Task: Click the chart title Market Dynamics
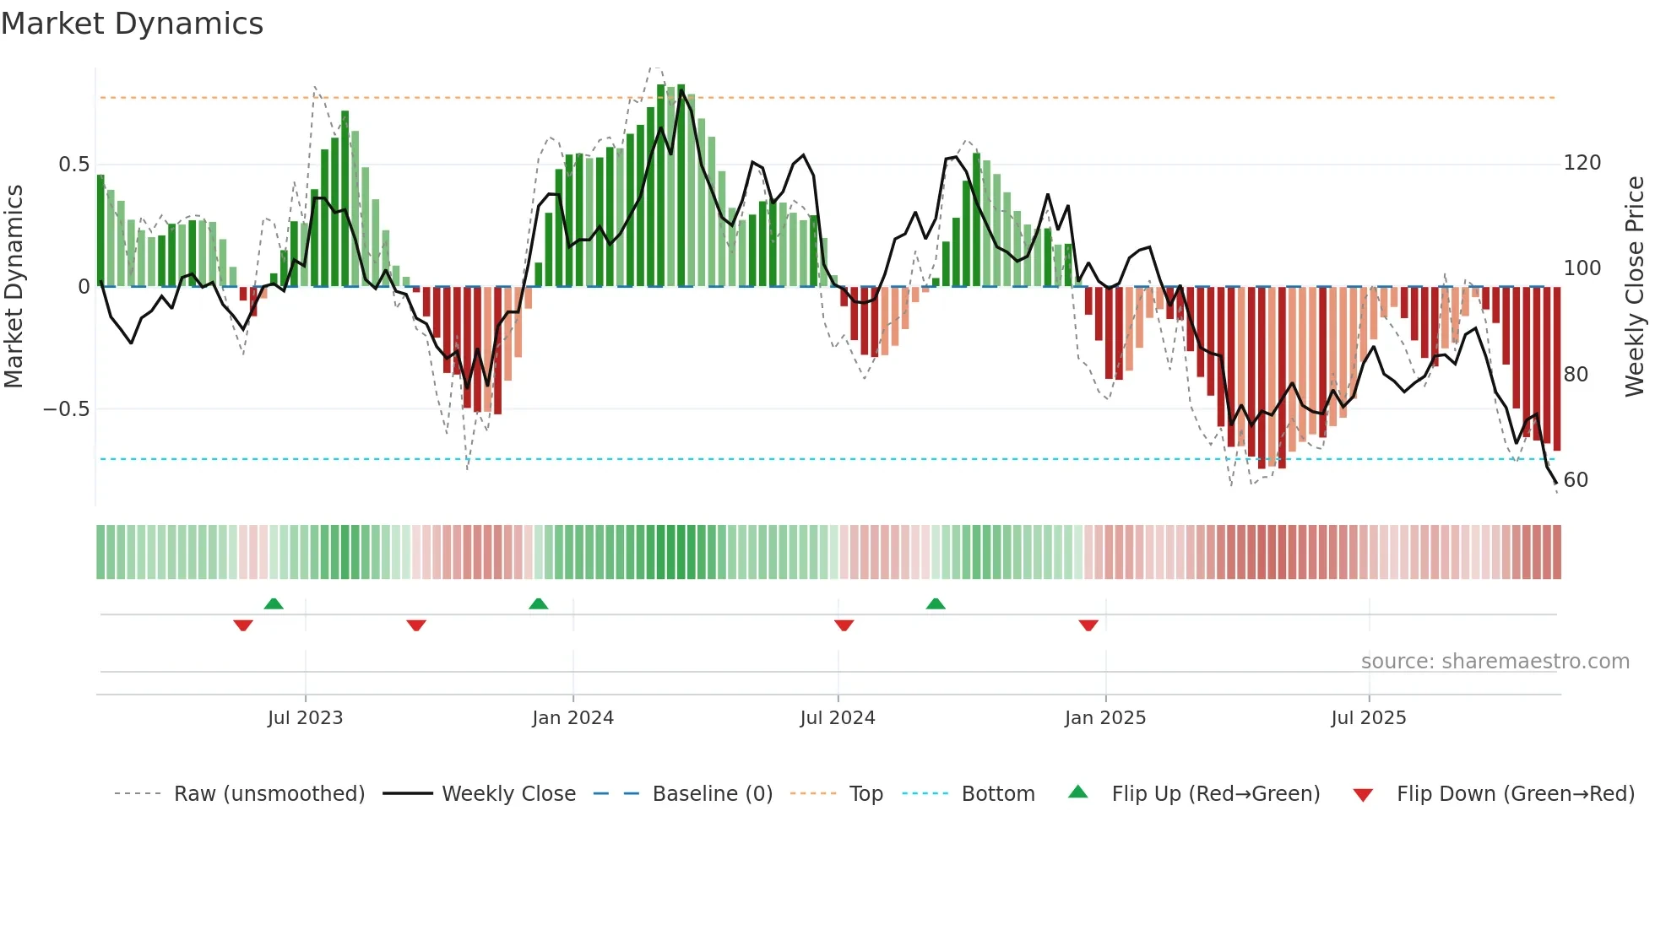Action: [132, 24]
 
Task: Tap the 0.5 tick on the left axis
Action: [73, 165]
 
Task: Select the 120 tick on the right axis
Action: [1582, 163]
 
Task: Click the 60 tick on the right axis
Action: [1576, 480]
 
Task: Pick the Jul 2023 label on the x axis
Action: [305, 718]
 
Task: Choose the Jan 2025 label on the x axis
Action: [1104, 718]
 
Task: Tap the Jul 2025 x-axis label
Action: [1368, 718]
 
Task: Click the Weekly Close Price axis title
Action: [1635, 287]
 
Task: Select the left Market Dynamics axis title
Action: [14, 287]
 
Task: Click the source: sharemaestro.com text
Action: [1495, 662]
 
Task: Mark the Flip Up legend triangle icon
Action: [1078, 792]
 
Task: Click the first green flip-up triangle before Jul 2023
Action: [274, 603]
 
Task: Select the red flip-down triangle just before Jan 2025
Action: [1088, 625]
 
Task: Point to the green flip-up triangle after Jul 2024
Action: [936, 603]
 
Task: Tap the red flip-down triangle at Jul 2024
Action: [844, 625]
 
